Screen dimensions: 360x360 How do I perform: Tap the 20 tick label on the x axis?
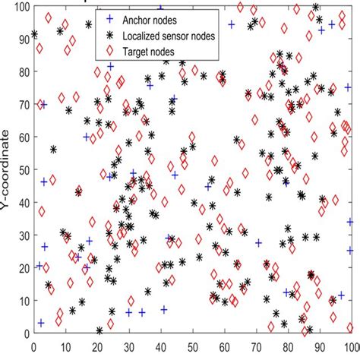click(96, 345)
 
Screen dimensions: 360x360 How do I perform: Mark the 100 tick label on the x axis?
click(349, 345)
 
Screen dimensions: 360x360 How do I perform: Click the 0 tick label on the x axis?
click(33, 345)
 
